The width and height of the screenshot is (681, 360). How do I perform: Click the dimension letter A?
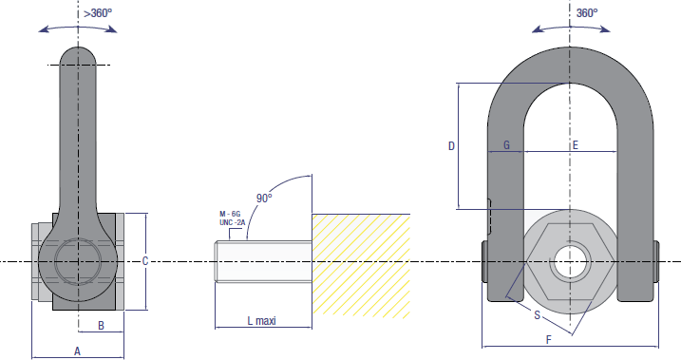[x=77, y=351]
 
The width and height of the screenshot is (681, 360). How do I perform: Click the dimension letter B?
[x=102, y=325]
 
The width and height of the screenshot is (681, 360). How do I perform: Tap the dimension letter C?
[x=145, y=261]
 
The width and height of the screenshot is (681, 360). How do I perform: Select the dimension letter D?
[x=451, y=146]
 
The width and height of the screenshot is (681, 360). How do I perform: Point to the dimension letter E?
[x=575, y=145]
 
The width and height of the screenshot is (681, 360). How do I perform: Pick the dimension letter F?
[x=549, y=340]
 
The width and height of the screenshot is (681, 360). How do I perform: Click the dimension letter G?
[x=506, y=145]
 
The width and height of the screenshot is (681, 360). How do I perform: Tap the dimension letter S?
[x=538, y=315]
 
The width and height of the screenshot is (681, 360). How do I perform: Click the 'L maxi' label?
[x=262, y=321]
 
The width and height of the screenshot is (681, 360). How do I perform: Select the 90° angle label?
[x=264, y=198]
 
